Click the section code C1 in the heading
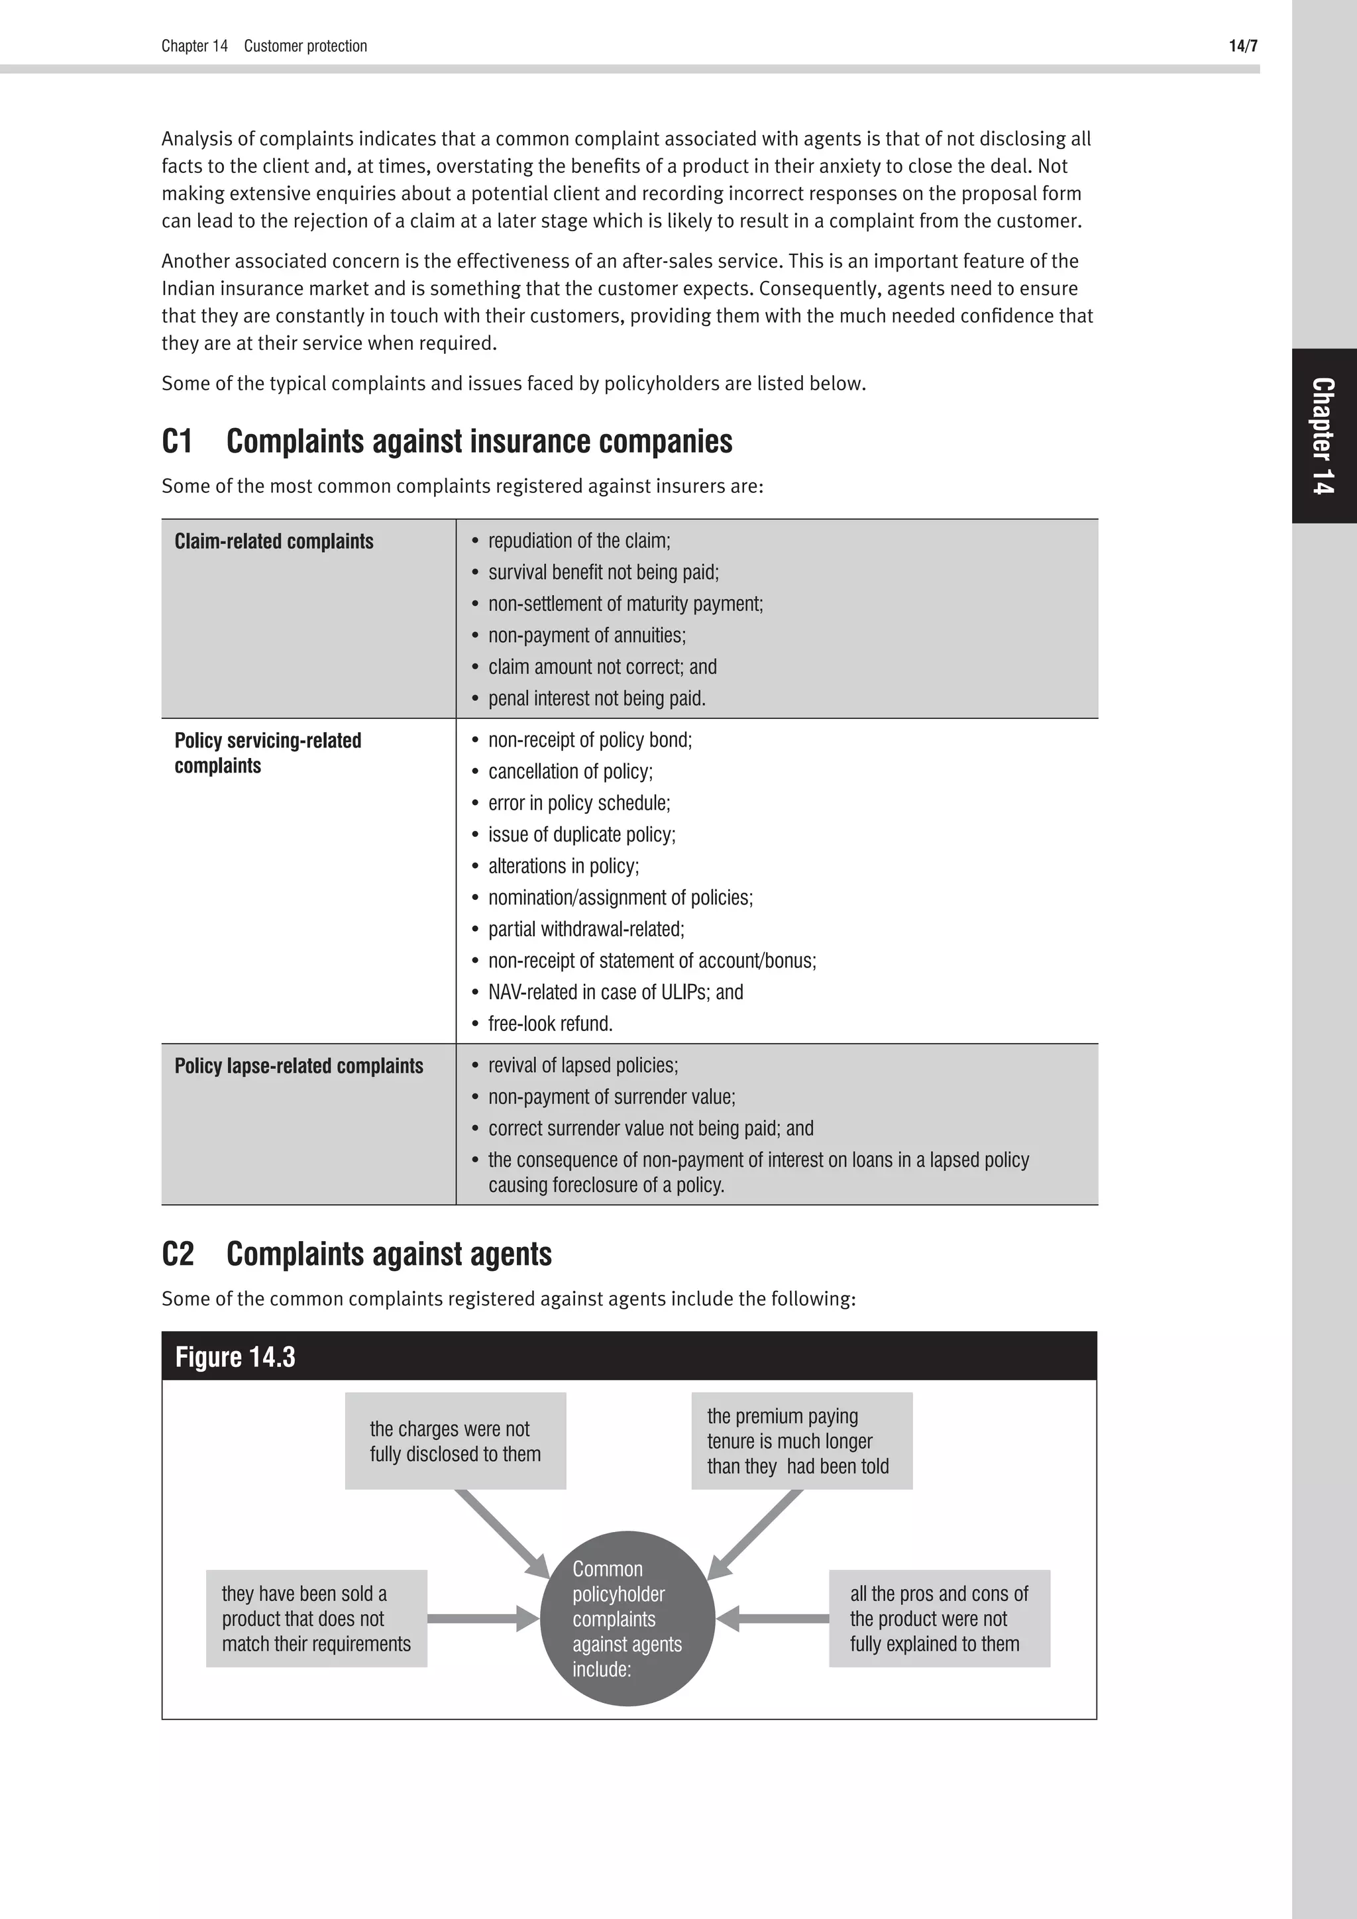(x=177, y=441)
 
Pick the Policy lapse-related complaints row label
(x=298, y=1066)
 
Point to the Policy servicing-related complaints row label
(x=268, y=752)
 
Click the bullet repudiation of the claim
(x=579, y=541)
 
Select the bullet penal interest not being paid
(x=596, y=698)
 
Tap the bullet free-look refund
(x=550, y=1024)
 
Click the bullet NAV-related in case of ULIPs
(x=615, y=992)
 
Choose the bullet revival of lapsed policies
(x=582, y=1066)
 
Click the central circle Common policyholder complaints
(x=627, y=1619)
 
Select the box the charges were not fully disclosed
(x=455, y=1441)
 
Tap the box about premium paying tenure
(x=801, y=1441)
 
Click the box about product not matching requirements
(x=317, y=1619)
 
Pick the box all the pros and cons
(x=939, y=1619)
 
